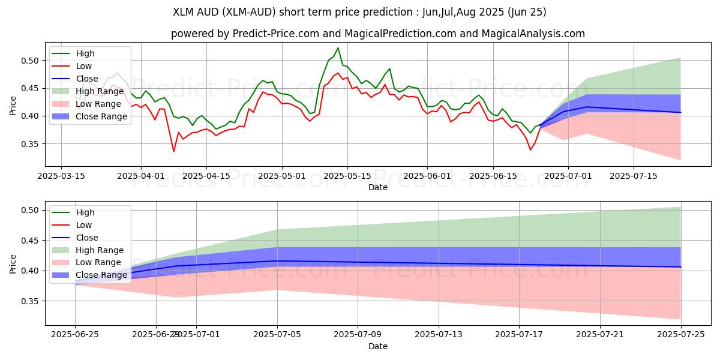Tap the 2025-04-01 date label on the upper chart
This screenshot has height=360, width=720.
141,176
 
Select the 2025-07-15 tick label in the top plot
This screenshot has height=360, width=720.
634,176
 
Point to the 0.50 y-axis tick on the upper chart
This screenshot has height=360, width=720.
30,61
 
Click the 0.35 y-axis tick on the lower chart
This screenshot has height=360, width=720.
30,301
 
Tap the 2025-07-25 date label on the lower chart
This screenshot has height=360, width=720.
680,335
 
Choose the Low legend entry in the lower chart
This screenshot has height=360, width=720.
85,225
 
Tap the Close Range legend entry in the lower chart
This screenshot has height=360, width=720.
101,275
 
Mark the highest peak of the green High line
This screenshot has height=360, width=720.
338,47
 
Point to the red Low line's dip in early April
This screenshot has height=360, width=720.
174,151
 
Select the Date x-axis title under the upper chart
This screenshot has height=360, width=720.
377,187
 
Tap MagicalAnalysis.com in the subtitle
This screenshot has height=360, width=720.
528,34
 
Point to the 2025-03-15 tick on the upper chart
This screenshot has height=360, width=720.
61,176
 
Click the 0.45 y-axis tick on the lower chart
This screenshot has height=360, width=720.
30,241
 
